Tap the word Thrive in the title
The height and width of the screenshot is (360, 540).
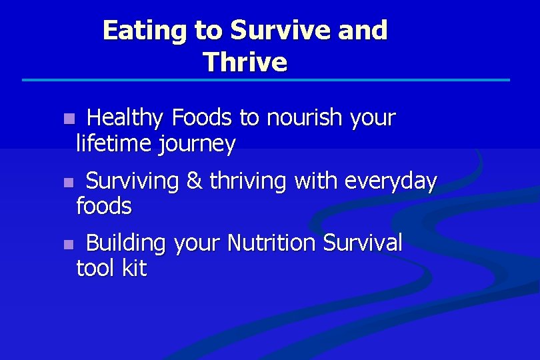(245, 62)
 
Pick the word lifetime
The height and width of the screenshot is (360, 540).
(113, 144)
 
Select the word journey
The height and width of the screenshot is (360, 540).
(196, 144)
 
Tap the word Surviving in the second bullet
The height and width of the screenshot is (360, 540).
(133, 181)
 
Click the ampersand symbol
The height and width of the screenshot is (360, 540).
(194, 181)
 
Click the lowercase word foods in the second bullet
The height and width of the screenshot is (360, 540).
(104, 206)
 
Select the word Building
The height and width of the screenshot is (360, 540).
(125, 243)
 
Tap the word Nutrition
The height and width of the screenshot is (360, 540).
(272, 243)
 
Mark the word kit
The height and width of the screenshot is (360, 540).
(134, 269)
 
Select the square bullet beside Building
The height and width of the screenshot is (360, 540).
(67, 245)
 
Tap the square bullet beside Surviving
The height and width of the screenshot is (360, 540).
(67, 182)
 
